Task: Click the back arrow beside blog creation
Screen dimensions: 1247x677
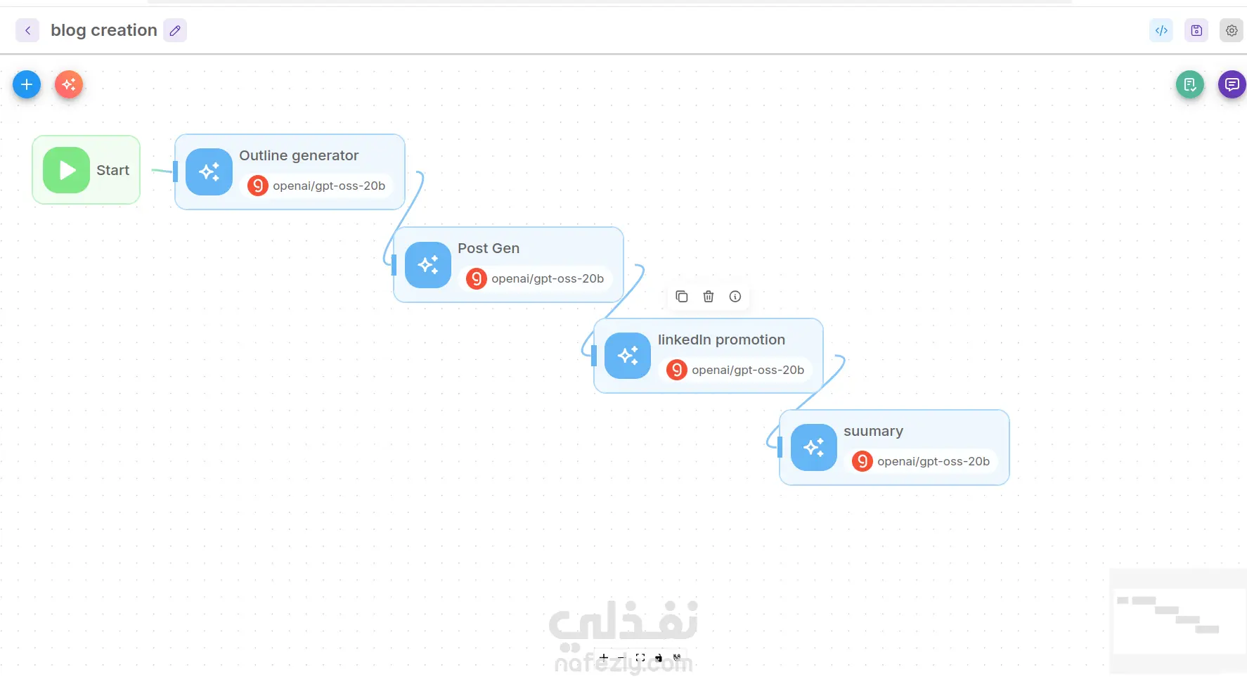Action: [27, 30]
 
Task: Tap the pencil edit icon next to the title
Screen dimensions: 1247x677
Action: [175, 30]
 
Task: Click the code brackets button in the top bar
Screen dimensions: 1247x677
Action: [1161, 30]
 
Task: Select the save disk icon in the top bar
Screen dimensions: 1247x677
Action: [1196, 30]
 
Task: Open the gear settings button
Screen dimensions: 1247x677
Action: [1232, 30]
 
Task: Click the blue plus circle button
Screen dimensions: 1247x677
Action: [27, 85]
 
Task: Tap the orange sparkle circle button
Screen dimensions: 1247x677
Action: [69, 85]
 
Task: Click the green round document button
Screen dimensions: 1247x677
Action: [1190, 85]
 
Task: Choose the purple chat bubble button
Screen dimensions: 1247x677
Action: [1232, 85]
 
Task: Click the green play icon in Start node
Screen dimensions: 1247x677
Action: [66, 170]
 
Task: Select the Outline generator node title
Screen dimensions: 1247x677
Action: [299, 155]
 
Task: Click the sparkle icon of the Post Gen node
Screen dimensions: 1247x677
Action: [428, 265]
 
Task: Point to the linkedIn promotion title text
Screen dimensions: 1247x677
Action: [721, 340]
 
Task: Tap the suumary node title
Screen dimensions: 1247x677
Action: [873, 431]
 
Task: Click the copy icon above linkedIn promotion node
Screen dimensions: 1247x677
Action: [682, 297]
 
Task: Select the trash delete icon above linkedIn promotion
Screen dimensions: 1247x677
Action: [709, 297]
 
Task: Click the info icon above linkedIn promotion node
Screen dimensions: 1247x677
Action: [735, 297]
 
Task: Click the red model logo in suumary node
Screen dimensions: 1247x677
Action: [862, 461]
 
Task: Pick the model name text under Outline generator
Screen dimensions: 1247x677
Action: [329, 186]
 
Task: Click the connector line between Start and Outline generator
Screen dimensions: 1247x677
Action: [162, 170]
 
